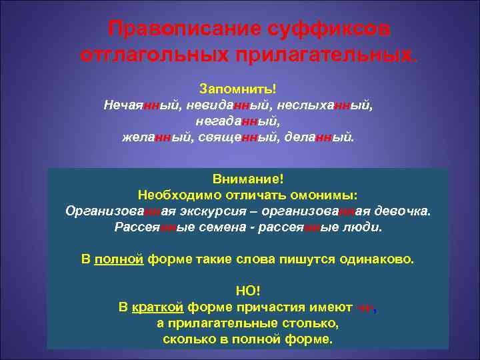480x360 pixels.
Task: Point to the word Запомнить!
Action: (x=238, y=89)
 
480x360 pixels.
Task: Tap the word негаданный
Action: (x=238, y=122)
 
